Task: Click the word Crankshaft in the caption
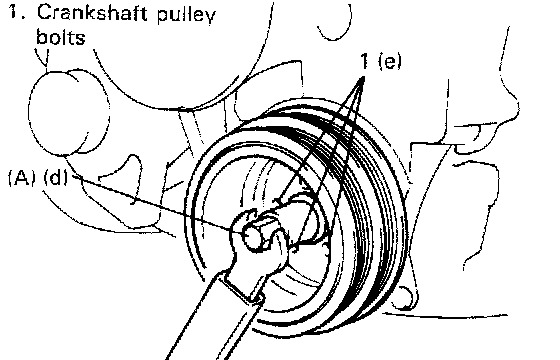point(92,13)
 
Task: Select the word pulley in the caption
point(186,16)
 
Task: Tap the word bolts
point(61,37)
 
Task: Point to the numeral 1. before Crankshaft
point(16,13)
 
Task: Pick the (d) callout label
point(56,178)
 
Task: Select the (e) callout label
point(390,61)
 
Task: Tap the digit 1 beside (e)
point(364,61)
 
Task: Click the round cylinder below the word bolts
point(69,112)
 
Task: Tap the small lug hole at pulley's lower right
point(405,296)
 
